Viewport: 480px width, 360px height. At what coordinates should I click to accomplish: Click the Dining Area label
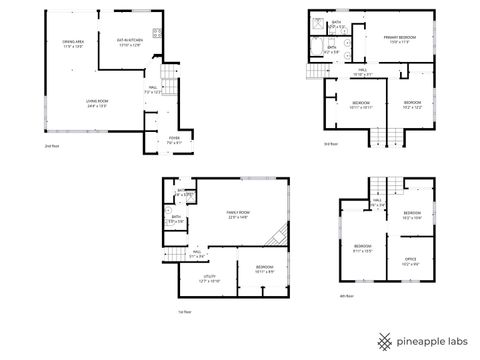coord(73,44)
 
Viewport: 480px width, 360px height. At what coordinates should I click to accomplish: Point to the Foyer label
coord(173,140)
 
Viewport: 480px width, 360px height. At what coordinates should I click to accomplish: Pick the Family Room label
coord(237,214)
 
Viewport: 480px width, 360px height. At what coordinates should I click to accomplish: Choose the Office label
coord(410,262)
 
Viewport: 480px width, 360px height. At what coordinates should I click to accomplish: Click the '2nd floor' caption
coord(52,147)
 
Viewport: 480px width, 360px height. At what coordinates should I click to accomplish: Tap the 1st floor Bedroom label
coord(263,267)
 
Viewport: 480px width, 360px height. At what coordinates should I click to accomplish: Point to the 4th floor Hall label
coord(379,202)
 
